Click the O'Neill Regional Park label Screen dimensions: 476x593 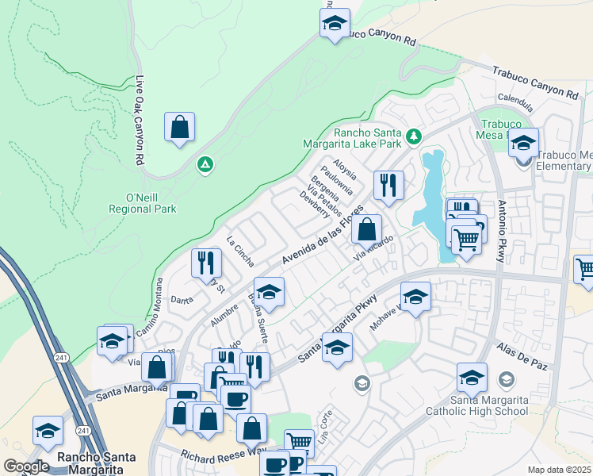143,203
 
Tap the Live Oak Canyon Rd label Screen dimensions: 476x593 140,109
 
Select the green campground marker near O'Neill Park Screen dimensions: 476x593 205,165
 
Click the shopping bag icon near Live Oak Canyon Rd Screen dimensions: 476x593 180,127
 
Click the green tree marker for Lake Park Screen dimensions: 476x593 413,137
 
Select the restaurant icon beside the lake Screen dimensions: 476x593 388,185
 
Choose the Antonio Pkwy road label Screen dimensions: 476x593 502,228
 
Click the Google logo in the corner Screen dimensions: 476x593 26,466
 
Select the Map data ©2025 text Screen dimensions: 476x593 560,470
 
